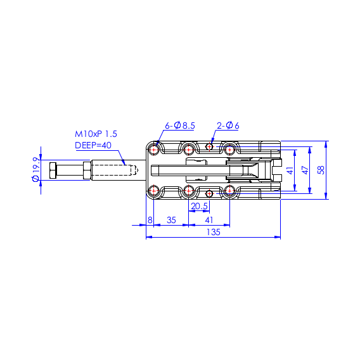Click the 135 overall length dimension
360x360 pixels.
(214, 232)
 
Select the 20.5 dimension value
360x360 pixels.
(199, 206)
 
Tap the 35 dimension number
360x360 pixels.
(171, 220)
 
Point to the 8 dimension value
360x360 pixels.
(150, 220)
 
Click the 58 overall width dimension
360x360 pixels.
(321, 170)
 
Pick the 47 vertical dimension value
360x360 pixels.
(305, 170)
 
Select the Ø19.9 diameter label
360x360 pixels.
(36, 169)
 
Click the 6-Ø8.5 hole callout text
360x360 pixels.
(180, 125)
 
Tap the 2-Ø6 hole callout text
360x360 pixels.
(228, 125)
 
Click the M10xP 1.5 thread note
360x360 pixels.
(96, 134)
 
